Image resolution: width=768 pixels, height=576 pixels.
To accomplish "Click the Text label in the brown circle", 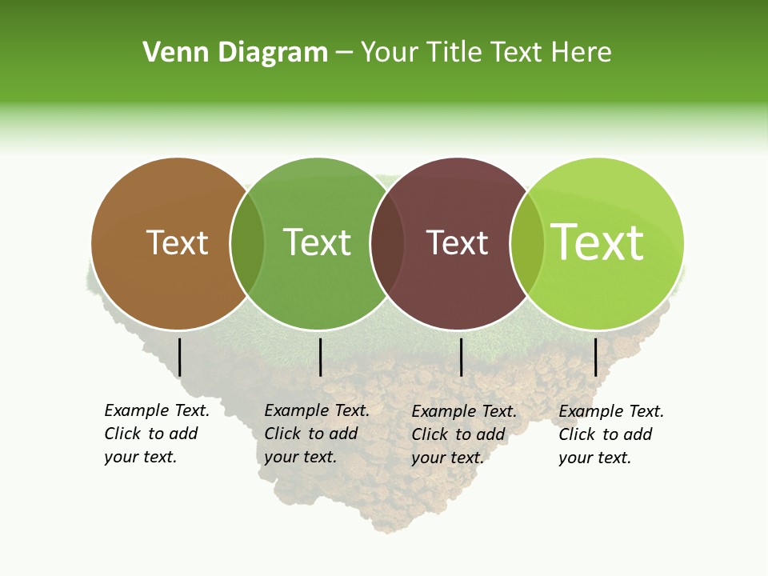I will pyautogui.click(x=177, y=242).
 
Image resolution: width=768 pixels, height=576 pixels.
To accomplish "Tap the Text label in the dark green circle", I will pyautogui.click(x=317, y=242).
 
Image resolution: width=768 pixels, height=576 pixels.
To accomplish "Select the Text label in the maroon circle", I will pyautogui.click(x=457, y=243).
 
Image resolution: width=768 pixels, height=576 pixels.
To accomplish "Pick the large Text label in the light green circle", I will pyautogui.click(x=598, y=242).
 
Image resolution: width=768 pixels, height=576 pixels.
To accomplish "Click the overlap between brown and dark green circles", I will pyautogui.click(x=247, y=243).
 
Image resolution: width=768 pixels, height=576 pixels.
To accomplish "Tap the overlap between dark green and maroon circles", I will pyautogui.click(x=387, y=243).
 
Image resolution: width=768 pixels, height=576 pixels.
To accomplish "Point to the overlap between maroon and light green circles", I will pyautogui.click(x=527, y=243).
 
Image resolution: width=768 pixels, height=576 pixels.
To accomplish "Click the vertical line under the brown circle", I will pyautogui.click(x=180, y=357).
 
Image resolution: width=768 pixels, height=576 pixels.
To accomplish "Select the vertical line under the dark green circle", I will pyautogui.click(x=320, y=357).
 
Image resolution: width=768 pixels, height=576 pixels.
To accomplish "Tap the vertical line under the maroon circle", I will pyautogui.click(x=461, y=357).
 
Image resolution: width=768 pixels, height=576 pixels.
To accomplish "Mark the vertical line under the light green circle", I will pyautogui.click(x=595, y=357).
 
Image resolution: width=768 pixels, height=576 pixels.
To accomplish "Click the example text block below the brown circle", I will pyautogui.click(x=157, y=434).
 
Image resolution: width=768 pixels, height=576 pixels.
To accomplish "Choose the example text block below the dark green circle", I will pyautogui.click(x=317, y=434).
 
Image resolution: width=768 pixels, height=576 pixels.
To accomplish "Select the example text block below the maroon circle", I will pyautogui.click(x=464, y=434).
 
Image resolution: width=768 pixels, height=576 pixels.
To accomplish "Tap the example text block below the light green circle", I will pyautogui.click(x=611, y=434).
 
